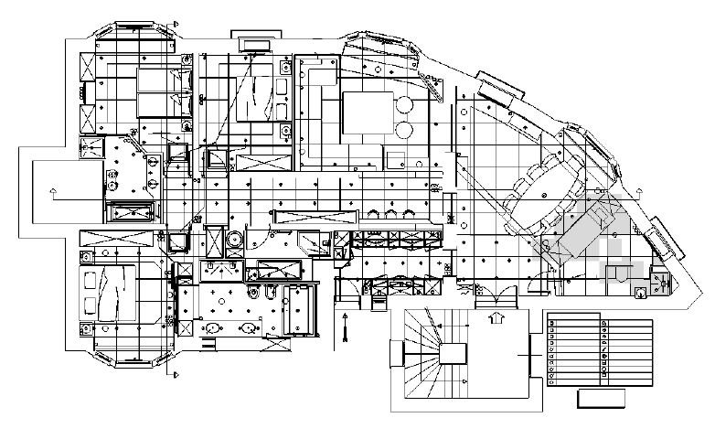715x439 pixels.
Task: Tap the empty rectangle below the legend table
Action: point(602,398)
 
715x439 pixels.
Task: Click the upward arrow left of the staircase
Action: point(345,319)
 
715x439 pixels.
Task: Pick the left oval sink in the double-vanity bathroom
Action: point(213,327)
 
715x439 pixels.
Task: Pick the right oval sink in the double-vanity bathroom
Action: point(247,327)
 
